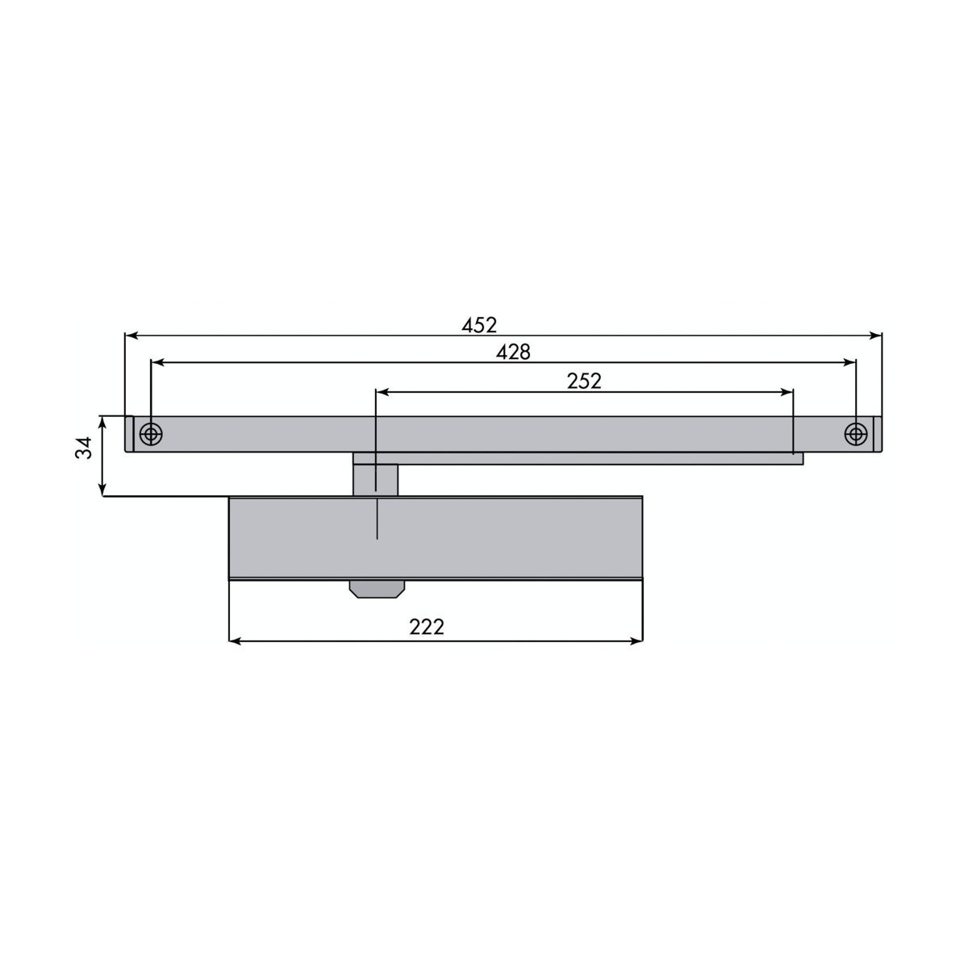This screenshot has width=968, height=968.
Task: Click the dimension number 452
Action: coord(479,326)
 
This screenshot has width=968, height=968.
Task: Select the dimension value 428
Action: coord(513,353)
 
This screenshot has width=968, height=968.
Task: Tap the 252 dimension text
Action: coord(584,382)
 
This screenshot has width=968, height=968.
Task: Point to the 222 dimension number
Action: coord(427,627)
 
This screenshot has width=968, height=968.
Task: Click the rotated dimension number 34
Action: coord(84,447)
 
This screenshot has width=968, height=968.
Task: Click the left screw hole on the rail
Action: coord(150,433)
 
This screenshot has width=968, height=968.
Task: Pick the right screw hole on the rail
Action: coord(856,433)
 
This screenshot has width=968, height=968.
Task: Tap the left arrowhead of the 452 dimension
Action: coord(131,336)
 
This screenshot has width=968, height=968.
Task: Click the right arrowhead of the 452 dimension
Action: coord(875,336)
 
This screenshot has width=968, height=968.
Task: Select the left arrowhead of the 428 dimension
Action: coord(157,362)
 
